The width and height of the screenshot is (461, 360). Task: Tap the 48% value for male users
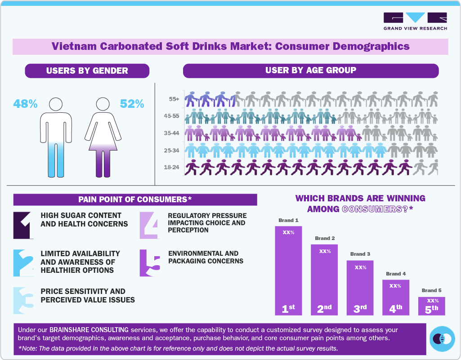[25, 104]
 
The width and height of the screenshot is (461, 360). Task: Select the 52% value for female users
[132, 104]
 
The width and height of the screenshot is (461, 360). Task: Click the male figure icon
[56, 137]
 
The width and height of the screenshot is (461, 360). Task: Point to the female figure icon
[103, 137]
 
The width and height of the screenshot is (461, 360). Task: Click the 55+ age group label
[173, 98]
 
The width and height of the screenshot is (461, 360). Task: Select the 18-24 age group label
[172, 168]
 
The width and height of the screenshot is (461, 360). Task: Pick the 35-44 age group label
[172, 133]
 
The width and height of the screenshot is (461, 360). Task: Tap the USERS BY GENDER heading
[87, 71]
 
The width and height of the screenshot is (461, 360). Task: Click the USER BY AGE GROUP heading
[310, 70]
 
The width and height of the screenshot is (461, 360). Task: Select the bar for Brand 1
[288, 270]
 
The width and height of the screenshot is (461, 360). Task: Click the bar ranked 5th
[431, 306]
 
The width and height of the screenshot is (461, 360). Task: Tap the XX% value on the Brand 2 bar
[325, 251]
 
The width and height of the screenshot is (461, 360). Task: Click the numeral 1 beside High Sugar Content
[23, 225]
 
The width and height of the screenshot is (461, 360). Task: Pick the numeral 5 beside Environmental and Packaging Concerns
[150, 263]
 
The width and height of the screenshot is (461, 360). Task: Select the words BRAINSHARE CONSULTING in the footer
[85, 329]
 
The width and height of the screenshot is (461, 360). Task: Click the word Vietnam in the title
[73, 46]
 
